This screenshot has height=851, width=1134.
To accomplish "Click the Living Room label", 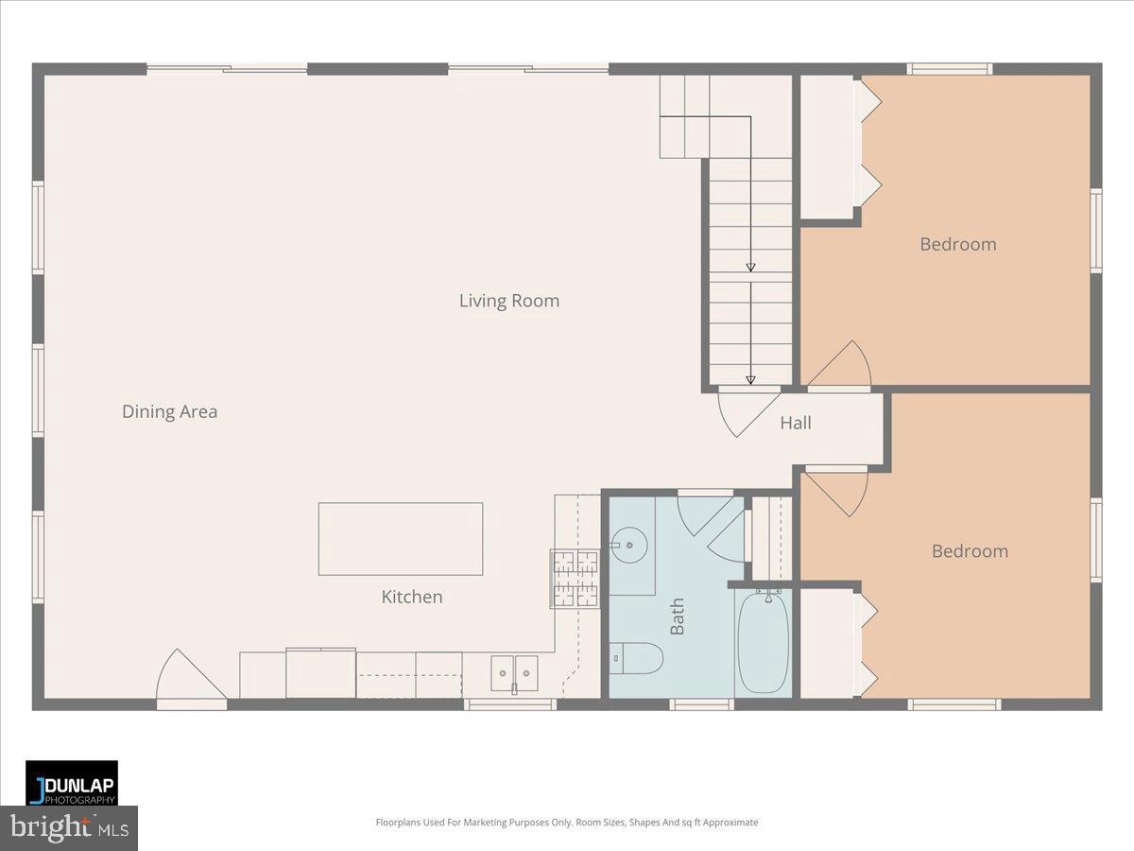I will [x=508, y=301].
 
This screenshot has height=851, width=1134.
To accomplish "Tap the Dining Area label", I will [x=169, y=411].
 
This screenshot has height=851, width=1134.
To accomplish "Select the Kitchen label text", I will [x=411, y=597].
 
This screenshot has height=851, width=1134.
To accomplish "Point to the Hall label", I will [x=795, y=423].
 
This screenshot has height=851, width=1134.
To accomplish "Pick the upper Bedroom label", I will [x=957, y=244].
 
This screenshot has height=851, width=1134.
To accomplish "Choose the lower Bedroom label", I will [x=969, y=550].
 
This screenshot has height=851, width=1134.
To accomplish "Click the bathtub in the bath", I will [x=763, y=642].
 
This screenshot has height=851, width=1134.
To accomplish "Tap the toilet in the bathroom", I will [x=635, y=657].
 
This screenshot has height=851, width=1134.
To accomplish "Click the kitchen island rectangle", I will [x=401, y=539].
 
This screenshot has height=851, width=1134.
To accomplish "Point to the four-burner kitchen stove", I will [x=575, y=578].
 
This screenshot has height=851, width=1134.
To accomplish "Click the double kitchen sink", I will [x=513, y=673].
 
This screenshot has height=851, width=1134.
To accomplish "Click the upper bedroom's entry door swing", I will [x=843, y=366].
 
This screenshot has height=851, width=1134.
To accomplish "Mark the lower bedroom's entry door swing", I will [x=839, y=490].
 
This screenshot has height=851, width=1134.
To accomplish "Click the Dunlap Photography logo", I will [x=72, y=784].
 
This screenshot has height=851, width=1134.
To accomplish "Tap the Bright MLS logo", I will [x=69, y=828].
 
